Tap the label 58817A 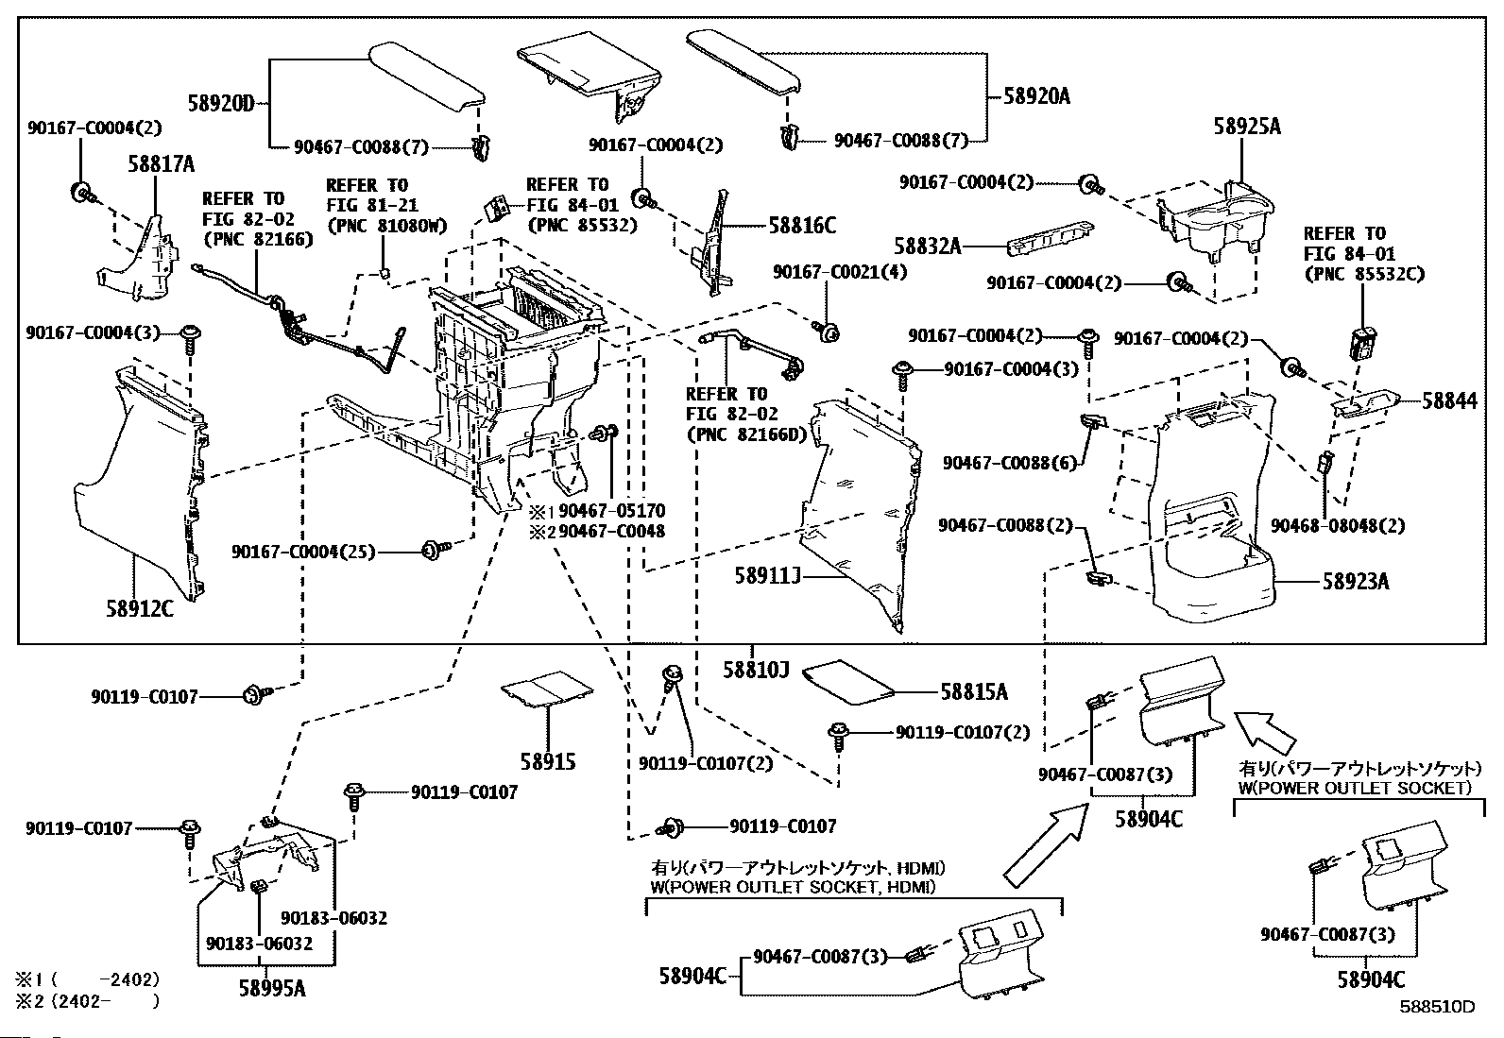(161, 165)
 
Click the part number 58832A (928, 247)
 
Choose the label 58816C (802, 226)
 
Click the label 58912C (140, 609)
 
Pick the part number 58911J (768, 573)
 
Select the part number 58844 (1450, 401)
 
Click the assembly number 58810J (756, 670)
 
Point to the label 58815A (974, 692)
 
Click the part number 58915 (547, 761)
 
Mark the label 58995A (272, 988)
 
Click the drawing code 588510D (1436, 1006)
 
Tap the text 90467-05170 (611, 511)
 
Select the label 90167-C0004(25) (303, 551)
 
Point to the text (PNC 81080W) (386, 226)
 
